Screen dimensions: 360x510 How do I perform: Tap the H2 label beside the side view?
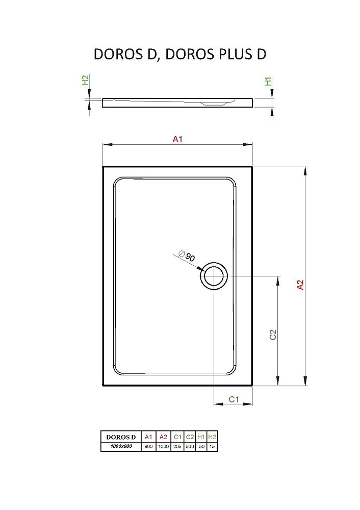(85, 80)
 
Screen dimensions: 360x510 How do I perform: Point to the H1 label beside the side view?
(268, 81)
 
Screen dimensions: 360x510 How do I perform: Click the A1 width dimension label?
(177, 139)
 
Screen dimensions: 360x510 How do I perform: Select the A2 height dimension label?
(300, 285)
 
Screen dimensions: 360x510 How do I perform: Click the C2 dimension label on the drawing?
(273, 335)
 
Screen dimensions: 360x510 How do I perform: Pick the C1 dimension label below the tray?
(234, 399)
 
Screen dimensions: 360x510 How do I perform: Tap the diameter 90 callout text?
(187, 256)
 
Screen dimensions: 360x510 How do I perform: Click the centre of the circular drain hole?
(214, 276)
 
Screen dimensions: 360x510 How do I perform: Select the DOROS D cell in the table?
(121, 437)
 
